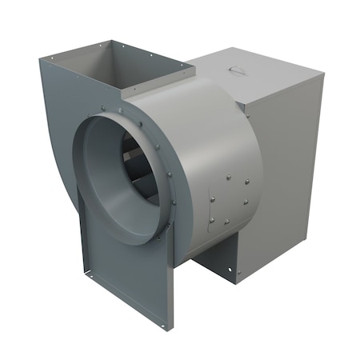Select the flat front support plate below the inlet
[124, 272]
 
